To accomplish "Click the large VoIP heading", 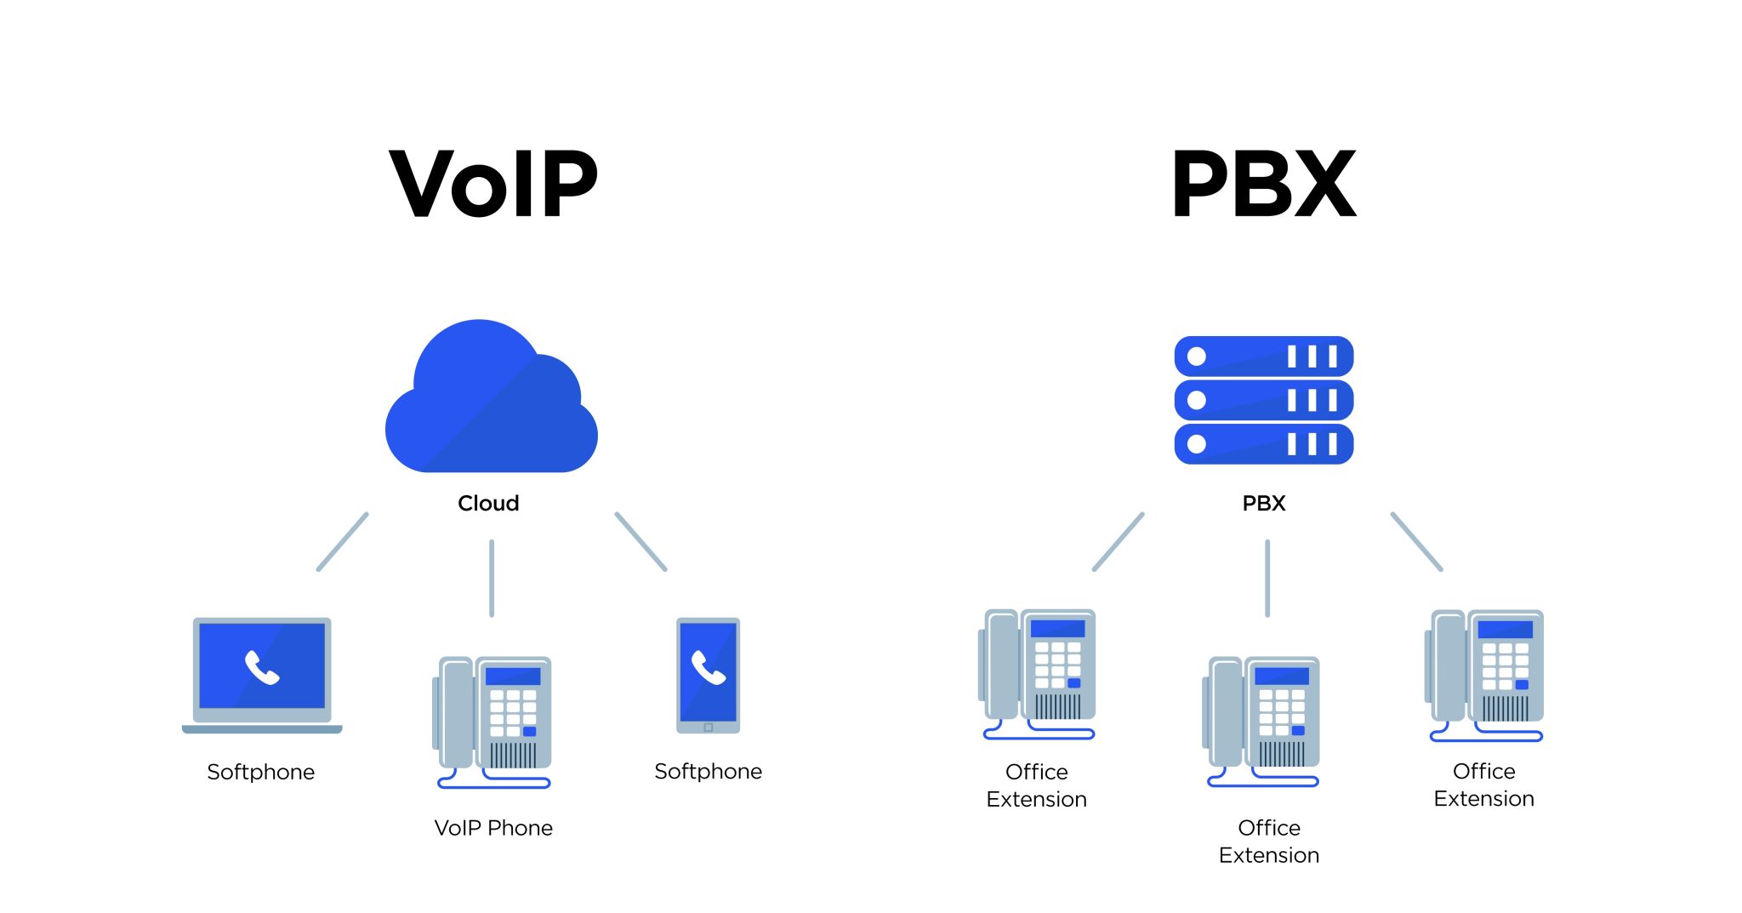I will click(493, 184).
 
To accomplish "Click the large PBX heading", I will click(1263, 184).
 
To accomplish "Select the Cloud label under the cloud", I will click(488, 503).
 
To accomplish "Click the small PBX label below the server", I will click(1263, 503).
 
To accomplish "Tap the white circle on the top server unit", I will click(1197, 357).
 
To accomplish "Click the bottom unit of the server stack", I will click(1263, 444).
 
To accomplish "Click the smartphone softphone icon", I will click(708, 675).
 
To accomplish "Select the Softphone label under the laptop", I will click(260, 772).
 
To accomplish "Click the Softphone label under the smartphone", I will click(708, 771).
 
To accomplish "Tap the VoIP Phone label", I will click(493, 828).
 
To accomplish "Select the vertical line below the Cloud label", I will click(492, 578).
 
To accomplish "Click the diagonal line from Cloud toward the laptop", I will click(342, 542).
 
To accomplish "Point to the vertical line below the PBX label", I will click(1267, 578).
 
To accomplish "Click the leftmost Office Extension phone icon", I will click(1038, 672).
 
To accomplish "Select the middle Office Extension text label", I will click(1268, 842).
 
